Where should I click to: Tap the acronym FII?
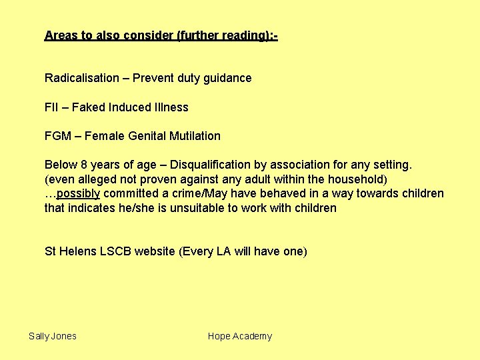pyautogui.click(x=51, y=107)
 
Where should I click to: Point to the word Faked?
pyautogui.click(x=88, y=107)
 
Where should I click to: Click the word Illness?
pyautogui.click(x=170, y=107)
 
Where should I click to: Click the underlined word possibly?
pyautogui.click(x=79, y=194)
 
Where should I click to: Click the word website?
pyautogui.click(x=156, y=251)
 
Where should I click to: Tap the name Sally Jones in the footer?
pyautogui.click(x=53, y=336)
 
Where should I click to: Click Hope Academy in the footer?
pyautogui.click(x=240, y=336)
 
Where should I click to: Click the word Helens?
pyautogui.click(x=77, y=251)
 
